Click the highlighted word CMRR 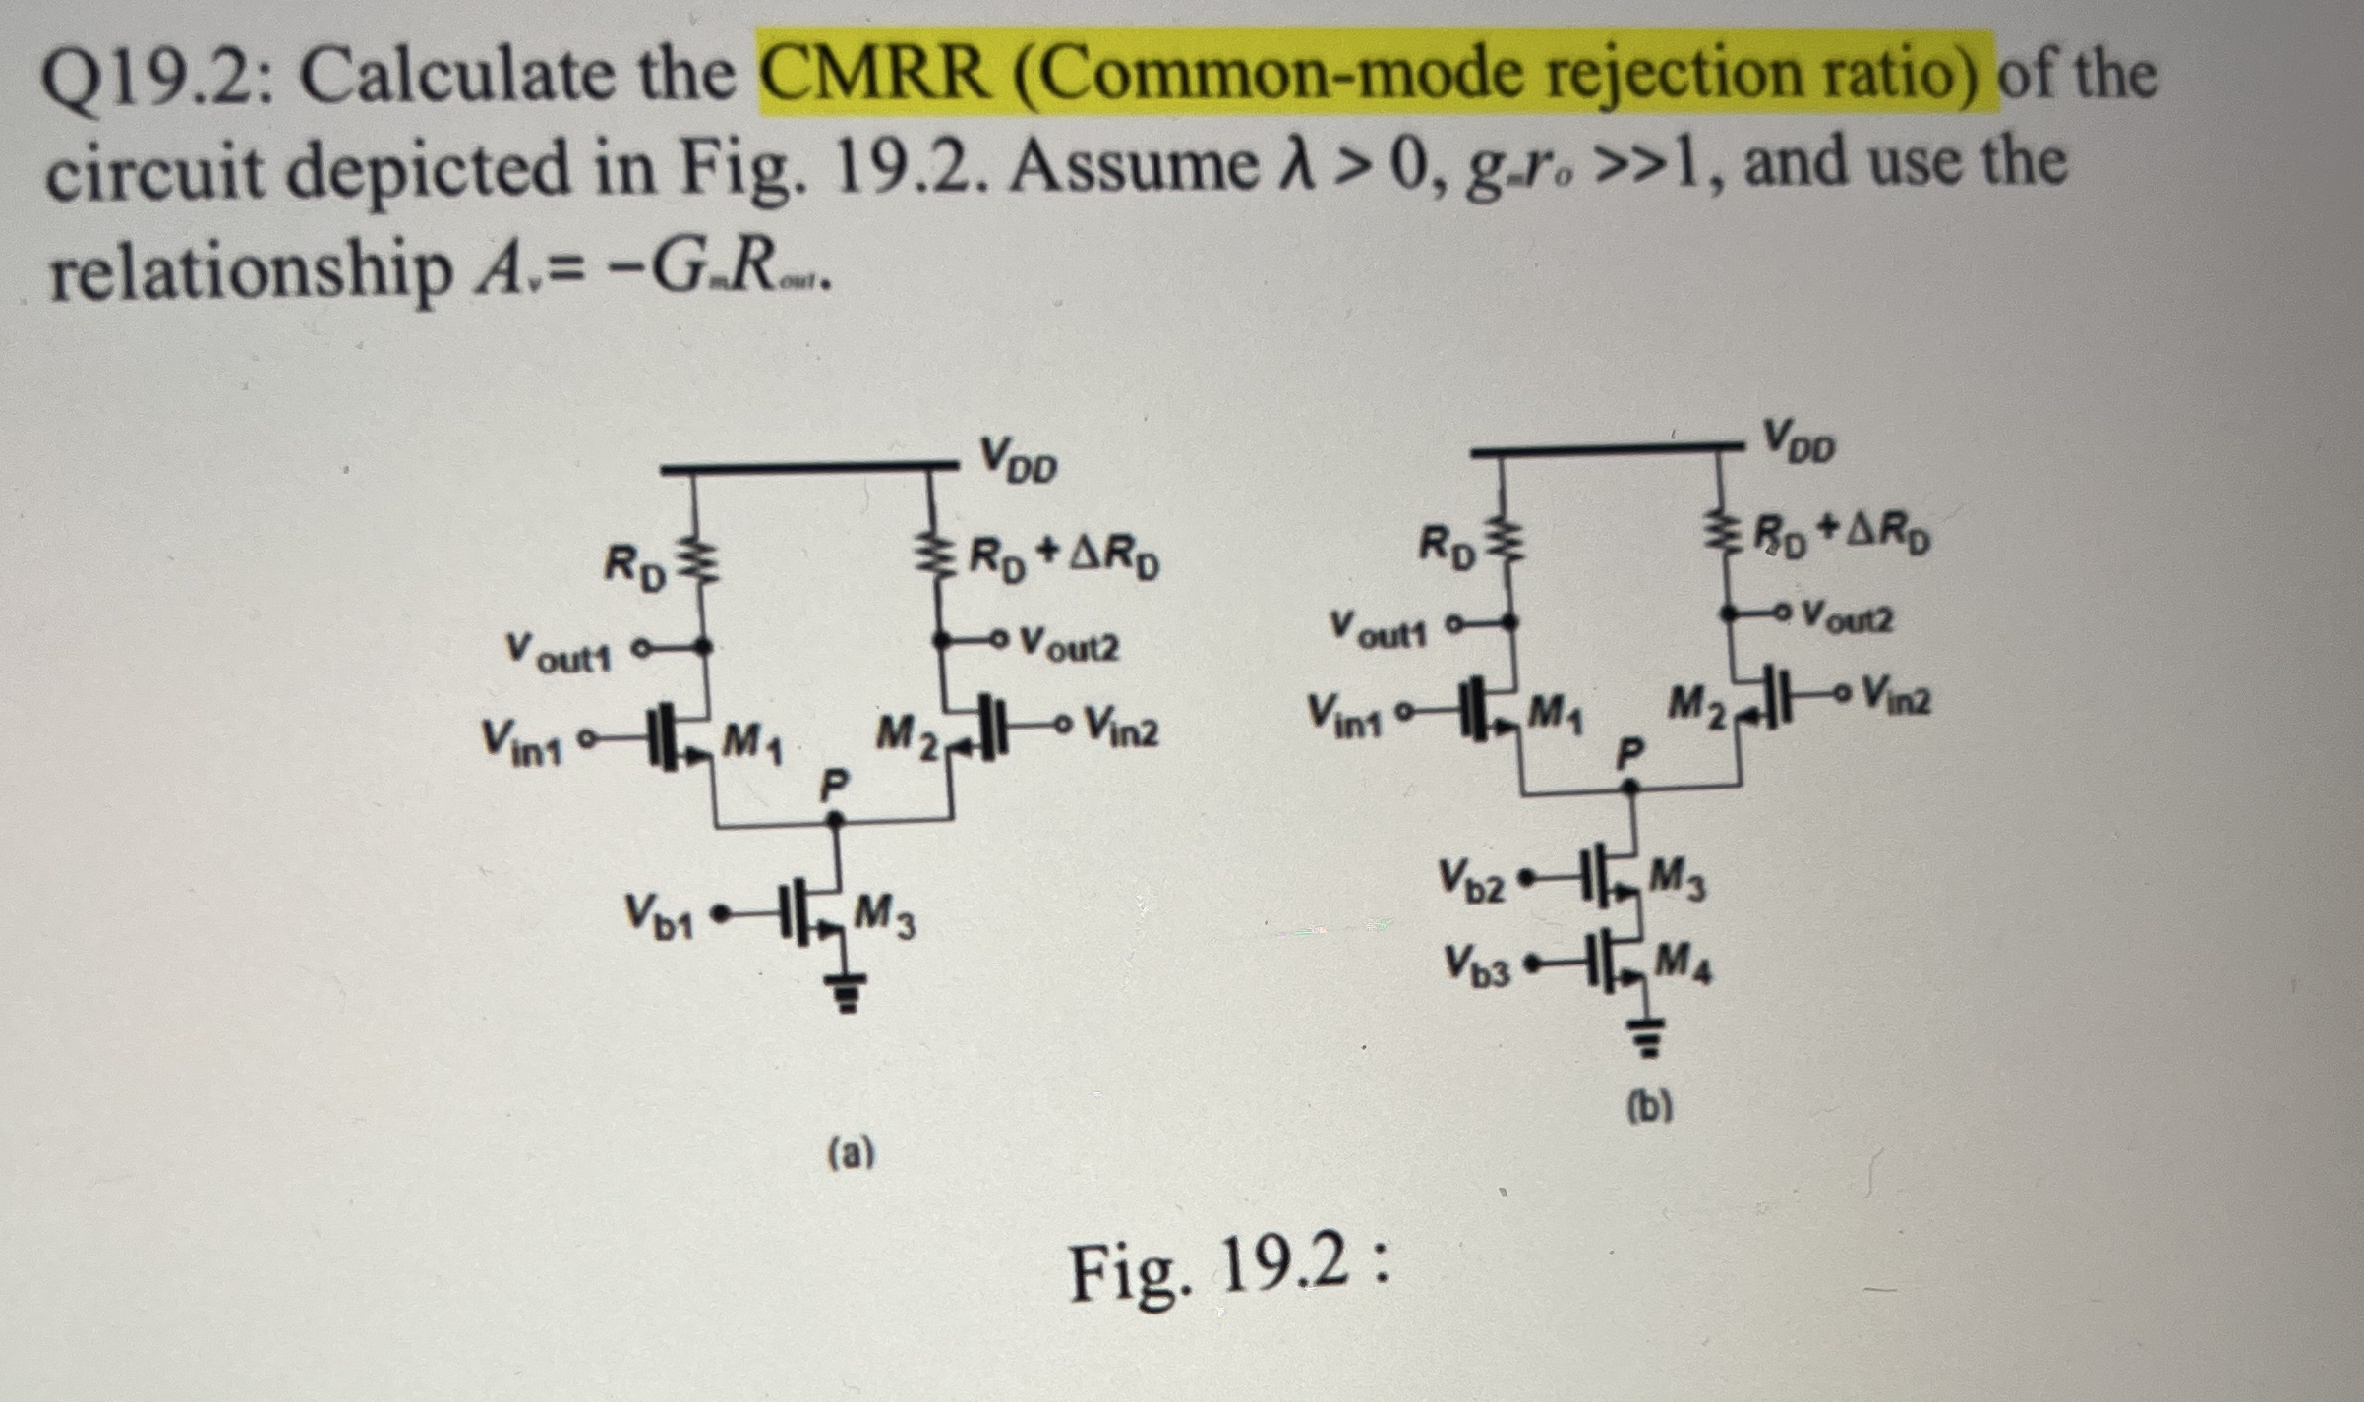click(x=875, y=75)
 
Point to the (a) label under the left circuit click(x=852, y=1152)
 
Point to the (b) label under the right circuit click(x=1649, y=1107)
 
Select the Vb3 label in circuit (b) click(x=1476, y=963)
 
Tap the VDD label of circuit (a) click(x=1019, y=460)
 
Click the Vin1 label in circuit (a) click(x=521, y=741)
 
